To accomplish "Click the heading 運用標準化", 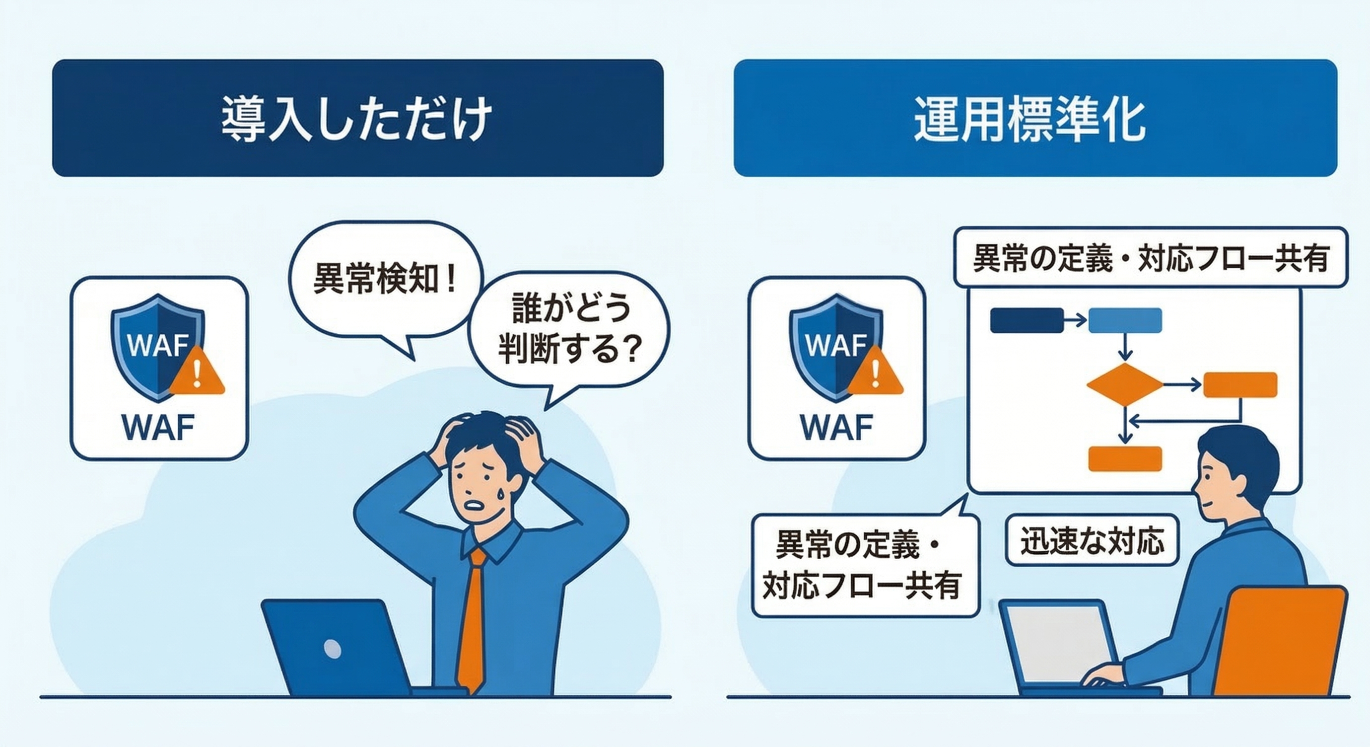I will click(1029, 118).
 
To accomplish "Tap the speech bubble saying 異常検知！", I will click(385, 279).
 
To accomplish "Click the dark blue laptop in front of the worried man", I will click(335, 647).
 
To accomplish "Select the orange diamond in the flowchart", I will click(1124, 384).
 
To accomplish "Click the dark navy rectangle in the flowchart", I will click(1027, 320).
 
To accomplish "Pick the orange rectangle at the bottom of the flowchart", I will click(1124, 458).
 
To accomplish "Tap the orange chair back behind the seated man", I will click(1282, 641).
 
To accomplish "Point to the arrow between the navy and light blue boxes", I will click(1075, 320).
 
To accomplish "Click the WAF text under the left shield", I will click(158, 427).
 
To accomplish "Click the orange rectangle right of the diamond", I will click(1240, 384).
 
